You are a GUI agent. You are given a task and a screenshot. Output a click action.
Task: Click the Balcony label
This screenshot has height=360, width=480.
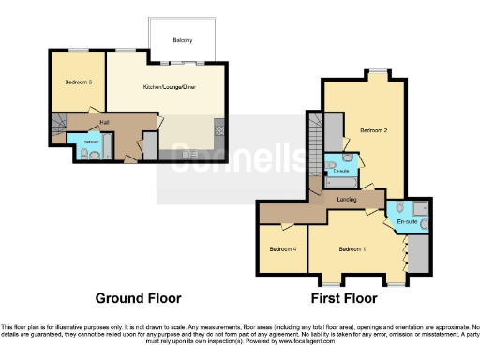click(183, 40)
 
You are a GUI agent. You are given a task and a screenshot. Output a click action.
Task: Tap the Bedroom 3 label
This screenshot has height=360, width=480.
click(78, 82)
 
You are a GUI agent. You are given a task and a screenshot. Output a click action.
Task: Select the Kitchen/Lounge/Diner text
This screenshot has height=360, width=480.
click(169, 86)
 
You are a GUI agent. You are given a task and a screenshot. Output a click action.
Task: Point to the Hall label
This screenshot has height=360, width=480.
click(104, 121)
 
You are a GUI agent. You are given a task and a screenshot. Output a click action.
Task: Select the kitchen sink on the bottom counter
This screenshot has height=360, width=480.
click(178, 152)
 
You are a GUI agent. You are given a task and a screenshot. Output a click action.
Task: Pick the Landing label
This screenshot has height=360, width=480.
click(344, 199)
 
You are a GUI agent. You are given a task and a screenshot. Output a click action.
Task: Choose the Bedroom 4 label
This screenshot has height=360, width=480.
click(282, 248)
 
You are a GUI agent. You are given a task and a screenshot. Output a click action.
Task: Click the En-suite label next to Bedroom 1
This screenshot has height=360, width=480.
click(407, 221)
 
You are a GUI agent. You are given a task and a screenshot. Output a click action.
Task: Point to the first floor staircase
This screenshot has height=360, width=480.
click(315, 141)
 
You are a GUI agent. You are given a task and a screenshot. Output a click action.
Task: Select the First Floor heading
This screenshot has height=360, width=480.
click(343, 298)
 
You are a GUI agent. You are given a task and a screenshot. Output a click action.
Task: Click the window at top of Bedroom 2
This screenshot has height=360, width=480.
click(379, 72)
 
